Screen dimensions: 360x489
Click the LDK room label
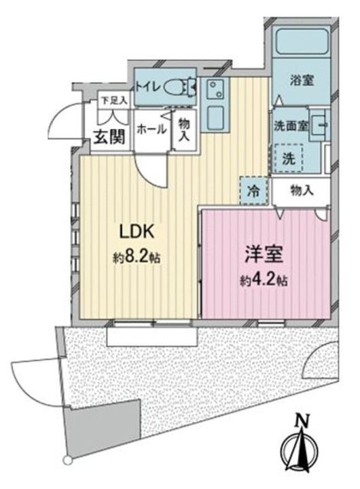[137, 232]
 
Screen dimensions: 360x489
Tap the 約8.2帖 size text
[137, 257]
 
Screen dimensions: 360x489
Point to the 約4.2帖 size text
[264, 281]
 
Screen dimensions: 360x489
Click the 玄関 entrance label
[110, 137]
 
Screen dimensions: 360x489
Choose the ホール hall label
[151, 129]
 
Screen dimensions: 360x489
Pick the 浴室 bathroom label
[302, 81]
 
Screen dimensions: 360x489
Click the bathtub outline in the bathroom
[302, 42]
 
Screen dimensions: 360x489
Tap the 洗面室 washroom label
[291, 126]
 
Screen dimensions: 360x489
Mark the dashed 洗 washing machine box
[289, 158]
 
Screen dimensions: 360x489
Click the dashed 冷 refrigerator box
[254, 191]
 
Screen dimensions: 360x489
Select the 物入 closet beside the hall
[184, 130]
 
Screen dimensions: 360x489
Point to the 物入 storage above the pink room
[302, 191]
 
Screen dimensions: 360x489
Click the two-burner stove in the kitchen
[215, 88]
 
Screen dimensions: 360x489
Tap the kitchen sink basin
[215, 118]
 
